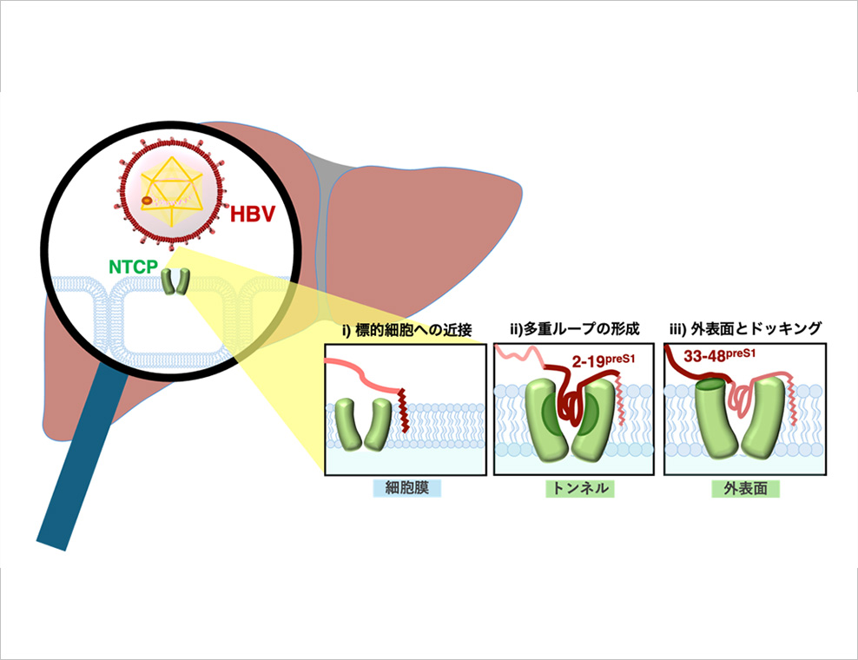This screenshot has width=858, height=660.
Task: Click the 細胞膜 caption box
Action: point(406,489)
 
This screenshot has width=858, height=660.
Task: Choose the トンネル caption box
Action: point(579,489)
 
